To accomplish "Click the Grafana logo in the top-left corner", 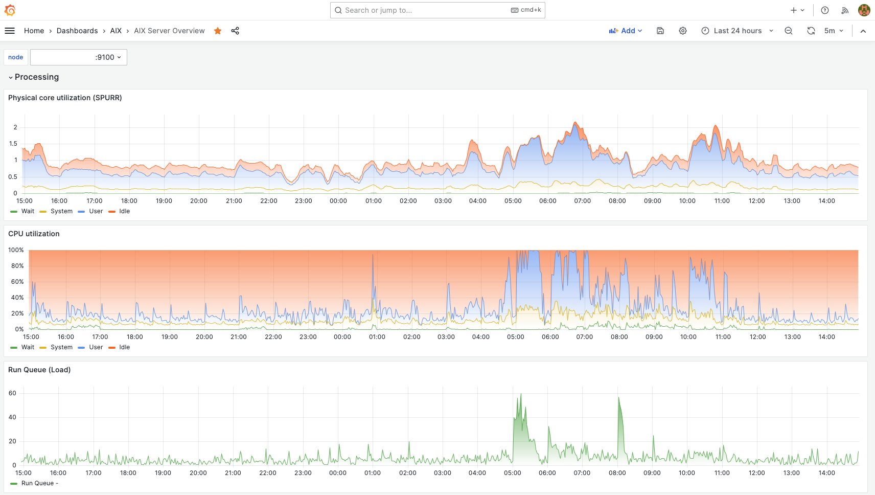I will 10,10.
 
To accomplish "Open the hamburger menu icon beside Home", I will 10,31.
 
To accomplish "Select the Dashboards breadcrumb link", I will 77,31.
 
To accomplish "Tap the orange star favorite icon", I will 218,31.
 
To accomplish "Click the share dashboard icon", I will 235,31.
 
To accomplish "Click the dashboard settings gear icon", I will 683,31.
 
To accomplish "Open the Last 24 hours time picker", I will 737,31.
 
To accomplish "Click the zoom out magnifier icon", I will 789,31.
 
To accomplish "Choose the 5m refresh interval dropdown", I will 834,31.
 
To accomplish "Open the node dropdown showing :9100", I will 79,57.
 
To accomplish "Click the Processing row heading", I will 37,77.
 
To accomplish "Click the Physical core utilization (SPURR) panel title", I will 65,98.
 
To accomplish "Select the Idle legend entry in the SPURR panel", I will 124,211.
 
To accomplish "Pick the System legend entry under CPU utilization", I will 61,347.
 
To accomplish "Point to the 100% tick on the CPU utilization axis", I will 16,250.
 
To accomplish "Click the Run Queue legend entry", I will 37,483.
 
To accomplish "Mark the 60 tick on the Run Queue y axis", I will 12,393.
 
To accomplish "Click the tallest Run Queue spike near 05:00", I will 521,395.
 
